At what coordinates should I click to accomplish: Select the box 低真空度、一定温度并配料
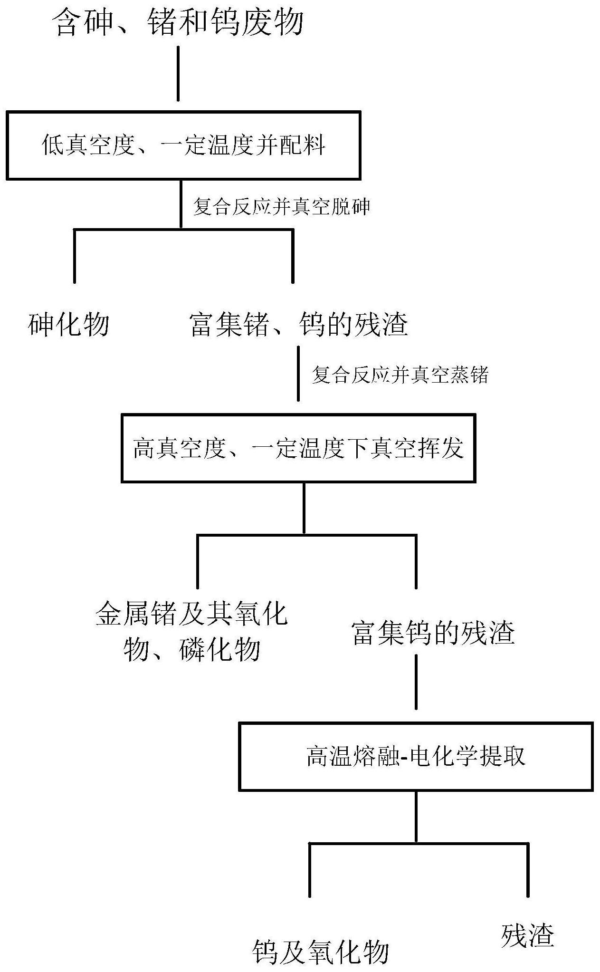click(183, 145)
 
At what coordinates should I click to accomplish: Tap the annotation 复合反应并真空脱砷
click(281, 207)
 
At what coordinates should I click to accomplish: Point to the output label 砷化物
click(69, 325)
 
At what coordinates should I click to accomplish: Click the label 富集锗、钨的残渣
click(299, 325)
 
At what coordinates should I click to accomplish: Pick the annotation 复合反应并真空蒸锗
click(400, 375)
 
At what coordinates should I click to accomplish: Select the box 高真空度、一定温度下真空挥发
click(299, 448)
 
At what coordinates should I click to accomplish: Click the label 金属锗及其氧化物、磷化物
click(192, 632)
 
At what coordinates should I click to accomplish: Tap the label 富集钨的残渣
click(434, 633)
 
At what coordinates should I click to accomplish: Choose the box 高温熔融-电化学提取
click(416, 757)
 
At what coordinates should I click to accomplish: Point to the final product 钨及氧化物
click(321, 950)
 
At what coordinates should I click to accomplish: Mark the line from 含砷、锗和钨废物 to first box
click(178, 73)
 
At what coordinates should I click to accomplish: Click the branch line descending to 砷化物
click(75, 256)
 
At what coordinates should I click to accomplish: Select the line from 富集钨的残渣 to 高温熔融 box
click(416, 682)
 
